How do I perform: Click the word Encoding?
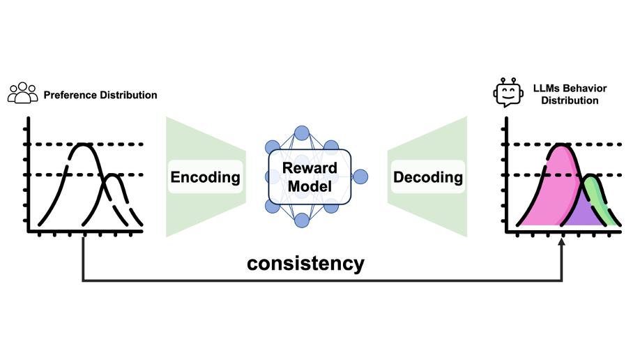[205, 177]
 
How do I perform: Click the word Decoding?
[428, 177]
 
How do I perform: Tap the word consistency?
[305, 263]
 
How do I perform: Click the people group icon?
[22, 93]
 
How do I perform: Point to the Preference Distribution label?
[100, 95]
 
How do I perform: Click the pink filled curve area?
[554, 188]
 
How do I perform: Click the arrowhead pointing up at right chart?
[561, 241]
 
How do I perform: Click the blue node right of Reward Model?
[360, 177]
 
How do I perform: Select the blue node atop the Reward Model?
[302, 133]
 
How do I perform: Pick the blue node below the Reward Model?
[302, 220]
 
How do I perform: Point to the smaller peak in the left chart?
[114, 175]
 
